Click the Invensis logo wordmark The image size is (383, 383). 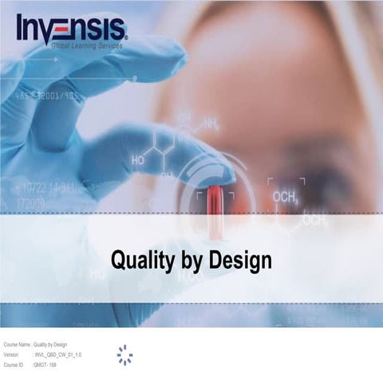(70, 27)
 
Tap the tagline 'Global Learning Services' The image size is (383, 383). (87, 47)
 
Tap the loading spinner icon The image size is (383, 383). (124, 355)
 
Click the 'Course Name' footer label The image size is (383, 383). (16, 345)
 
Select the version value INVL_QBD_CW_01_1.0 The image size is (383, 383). (58, 354)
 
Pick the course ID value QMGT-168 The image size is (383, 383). (45, 364)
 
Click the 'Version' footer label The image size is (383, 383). (10, 354)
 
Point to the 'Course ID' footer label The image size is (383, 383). (14, 364)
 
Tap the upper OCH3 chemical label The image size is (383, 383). (285, 196)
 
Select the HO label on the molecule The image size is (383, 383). (138, 160)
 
